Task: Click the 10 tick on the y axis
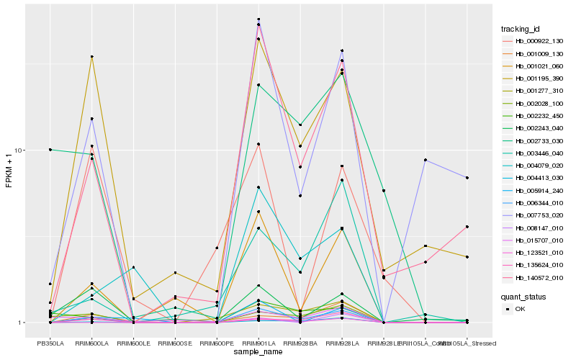pyautogui.click(x=20, y=150)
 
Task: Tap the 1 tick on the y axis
pyautogui.click(x=22, y=323)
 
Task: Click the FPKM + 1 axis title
pyautogui.click(x=9, y=171)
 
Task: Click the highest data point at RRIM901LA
pyautogui.click(x=258, y=19)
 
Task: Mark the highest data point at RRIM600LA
pyautogui.click(x=92, y=56)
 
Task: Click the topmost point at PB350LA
pyautogui.click(x=50, y=149)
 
